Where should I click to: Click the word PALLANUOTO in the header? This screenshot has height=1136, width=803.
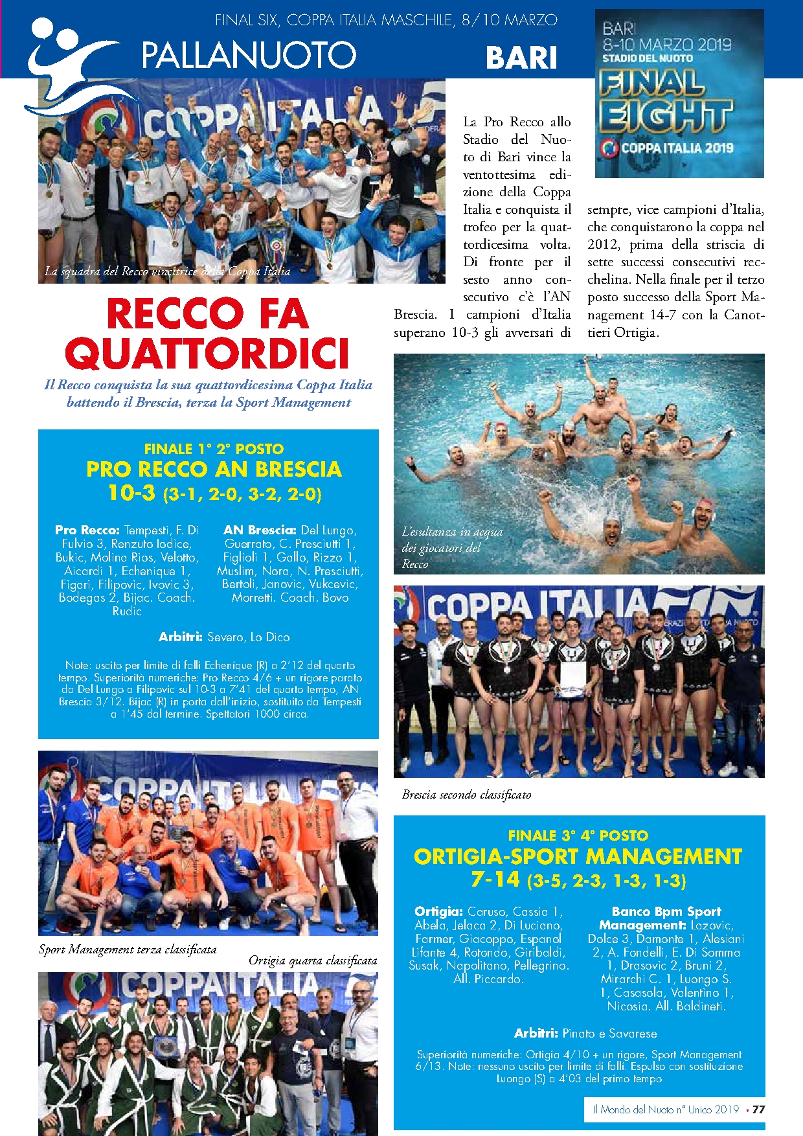pos(249,54)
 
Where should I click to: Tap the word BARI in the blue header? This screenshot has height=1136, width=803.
pos(521,57)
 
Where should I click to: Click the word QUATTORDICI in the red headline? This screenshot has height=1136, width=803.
pos(207,354)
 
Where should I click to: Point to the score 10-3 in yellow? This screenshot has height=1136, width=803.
pos(131,493)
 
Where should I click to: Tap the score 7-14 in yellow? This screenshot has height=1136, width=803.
pos(495,880)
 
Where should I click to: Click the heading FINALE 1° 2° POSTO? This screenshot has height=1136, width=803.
pos(214,449)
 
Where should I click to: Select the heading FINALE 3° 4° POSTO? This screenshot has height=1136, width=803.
pos(578,835)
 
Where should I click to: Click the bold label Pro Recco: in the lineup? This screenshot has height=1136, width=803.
pos(87,530)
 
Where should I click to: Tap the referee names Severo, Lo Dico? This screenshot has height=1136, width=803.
pos(248,637)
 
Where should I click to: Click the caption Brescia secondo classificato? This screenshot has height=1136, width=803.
pos(466,794)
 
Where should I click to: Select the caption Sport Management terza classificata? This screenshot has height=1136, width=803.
pos(128,949)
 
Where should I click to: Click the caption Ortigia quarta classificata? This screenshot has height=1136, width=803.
pos(313,960)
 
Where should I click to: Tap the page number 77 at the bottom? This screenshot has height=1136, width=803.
pos(758,1109)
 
